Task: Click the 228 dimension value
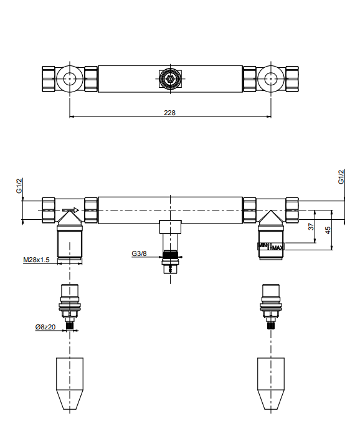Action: coord(169,113)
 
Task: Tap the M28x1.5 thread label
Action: coord(36,260)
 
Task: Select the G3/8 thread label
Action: coord(139,253)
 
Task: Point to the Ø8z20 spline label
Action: coord(45,327)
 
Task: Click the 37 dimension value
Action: coord(311,227)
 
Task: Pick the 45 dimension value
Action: coord(328,230)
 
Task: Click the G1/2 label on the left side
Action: coord(19,186)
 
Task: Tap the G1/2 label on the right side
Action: coord(341,176)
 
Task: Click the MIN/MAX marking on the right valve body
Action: coord(270,247)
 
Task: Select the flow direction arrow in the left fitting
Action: coord(70,210)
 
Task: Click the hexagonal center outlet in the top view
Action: coord(170,78)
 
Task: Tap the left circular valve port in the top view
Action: coord(70,78)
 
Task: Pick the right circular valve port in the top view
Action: coord(271,78)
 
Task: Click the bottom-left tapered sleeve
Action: coord(70,384)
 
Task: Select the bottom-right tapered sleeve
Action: coord(271,384)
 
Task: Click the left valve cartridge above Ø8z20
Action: coord(70,306)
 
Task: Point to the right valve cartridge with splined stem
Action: coord(271,306)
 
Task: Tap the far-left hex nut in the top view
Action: coord(49,78)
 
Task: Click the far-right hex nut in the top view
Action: coord(292,78)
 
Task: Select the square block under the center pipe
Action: coord(170,227)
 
